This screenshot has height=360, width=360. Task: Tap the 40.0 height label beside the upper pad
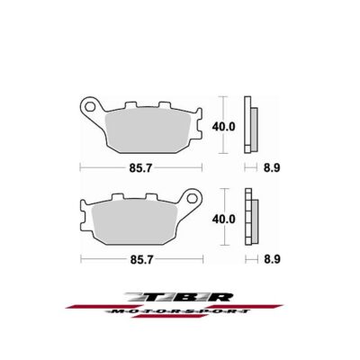(x=222, y=127)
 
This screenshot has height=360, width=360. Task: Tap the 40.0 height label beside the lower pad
(x=222, y=219)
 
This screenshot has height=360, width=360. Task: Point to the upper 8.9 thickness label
(x=257, y=168)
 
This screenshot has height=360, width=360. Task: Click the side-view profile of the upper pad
(x=253, y=126)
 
